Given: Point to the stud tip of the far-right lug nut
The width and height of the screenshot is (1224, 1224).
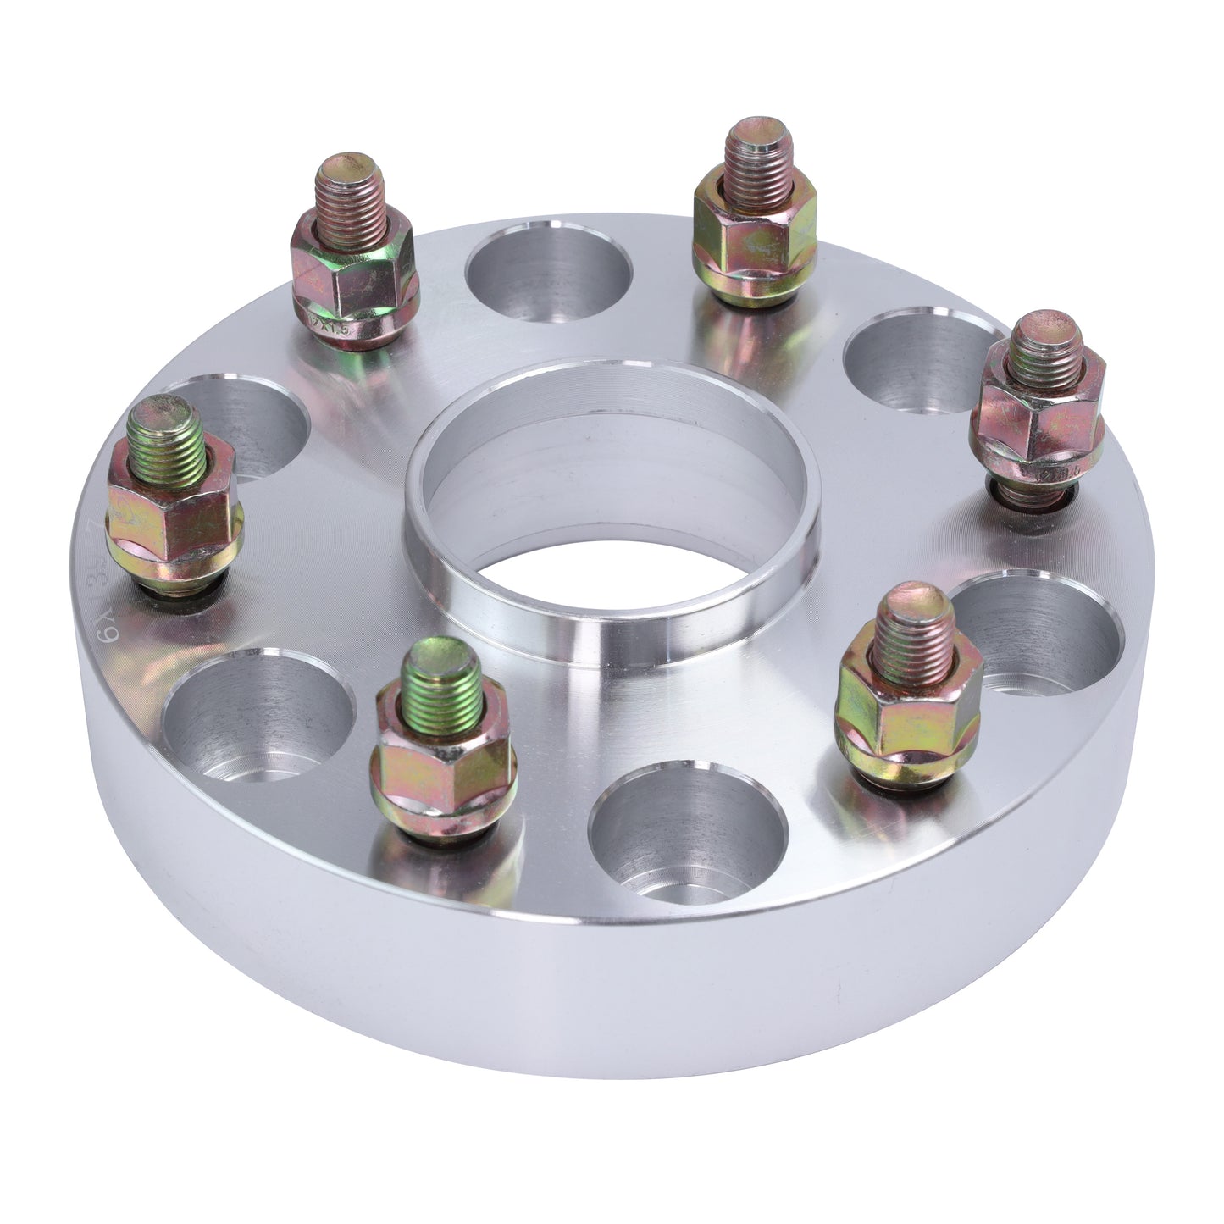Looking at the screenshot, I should [x=1045, y=344].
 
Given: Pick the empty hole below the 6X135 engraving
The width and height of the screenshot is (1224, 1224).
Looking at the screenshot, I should [x=258, y=716].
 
